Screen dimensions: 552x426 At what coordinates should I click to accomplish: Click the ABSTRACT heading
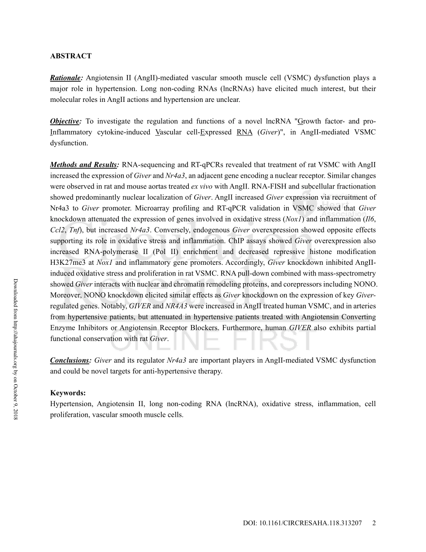point(70,56)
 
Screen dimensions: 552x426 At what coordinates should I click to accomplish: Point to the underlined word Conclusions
point(70,360)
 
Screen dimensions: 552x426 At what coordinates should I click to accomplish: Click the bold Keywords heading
point(68,393)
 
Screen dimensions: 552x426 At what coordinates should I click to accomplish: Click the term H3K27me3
point(72,263)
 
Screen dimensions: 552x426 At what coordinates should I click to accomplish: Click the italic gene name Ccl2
point(57,230)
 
